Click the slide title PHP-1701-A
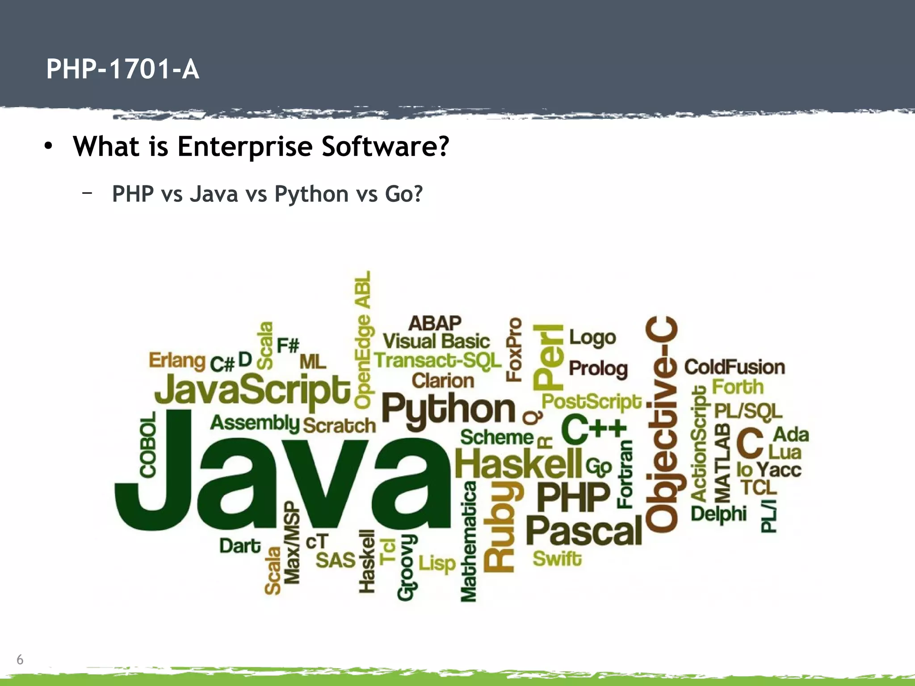pyautogui.click(x=122, y=70)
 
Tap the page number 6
pyautogui.click(x=20, y=659)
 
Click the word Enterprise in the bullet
pyautogui.click(x=244, y=146)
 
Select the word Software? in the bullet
pyautogui.click(x=385, y=146)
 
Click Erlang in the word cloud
pyautogui.click(x=177, y=360)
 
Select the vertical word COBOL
pyautogui.click(x=148, y=444)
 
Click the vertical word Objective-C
pyautogui.click(x=662, y=424)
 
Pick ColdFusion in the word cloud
pyautogui.click(x=735, y=367)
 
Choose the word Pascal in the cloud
pyautogui.click(x=584, y=531)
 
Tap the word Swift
pyautogui.click(x=557, y=559)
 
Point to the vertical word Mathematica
pyautogui.click(x=468, y=541)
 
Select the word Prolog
pyautogui.click(x=598, y=369)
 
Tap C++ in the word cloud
pyautogui.click(x=594, y=430)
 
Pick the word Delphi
pyautogui.click(x=718, y=514)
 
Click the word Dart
pyautogui.click(x=240, y=546)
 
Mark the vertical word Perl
pyautogui.click(x=549, y=357)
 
